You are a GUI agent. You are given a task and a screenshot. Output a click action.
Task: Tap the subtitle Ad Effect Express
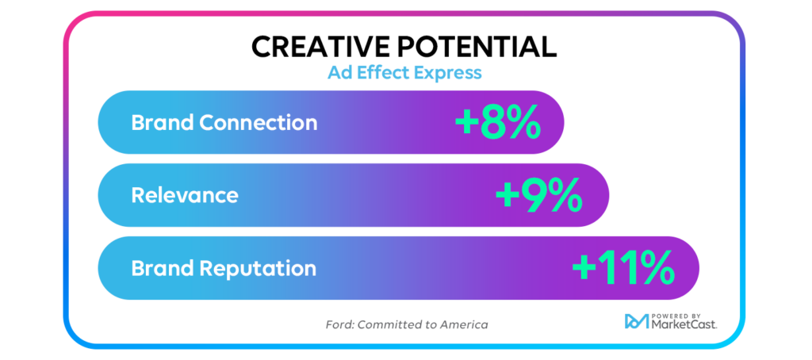404,73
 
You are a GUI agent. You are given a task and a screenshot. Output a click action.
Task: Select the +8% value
498,123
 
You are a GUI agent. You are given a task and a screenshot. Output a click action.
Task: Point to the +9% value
539,196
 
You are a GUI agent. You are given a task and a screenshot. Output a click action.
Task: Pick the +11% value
623,268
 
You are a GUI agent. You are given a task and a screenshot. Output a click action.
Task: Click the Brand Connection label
224,123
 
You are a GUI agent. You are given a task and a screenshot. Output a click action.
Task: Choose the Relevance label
184,195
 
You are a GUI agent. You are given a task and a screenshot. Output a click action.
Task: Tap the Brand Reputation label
223,269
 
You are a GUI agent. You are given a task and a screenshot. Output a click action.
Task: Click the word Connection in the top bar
258,123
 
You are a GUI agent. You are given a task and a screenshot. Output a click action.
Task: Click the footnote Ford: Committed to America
407,325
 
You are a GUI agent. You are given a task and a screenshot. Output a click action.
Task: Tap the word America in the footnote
464,325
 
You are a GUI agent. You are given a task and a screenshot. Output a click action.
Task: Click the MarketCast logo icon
637,321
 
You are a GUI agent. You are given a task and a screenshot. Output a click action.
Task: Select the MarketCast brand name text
684,325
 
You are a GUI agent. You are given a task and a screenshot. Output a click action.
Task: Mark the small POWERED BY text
673,316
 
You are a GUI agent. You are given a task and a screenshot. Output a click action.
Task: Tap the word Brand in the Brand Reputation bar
162,269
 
